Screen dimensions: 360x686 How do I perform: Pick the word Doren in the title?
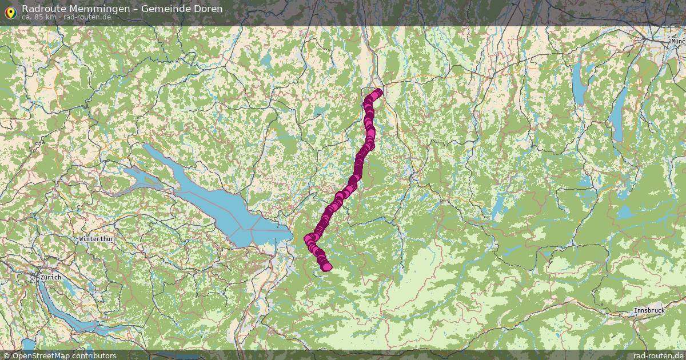[206, 9]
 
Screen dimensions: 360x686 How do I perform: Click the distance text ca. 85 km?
[39, 17]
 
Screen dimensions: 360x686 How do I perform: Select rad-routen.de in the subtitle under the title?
[87, 17]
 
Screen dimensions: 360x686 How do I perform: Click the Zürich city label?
[50, 277]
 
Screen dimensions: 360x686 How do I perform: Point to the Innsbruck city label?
[649, 310]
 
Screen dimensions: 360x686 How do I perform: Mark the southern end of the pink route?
[326, 266]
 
